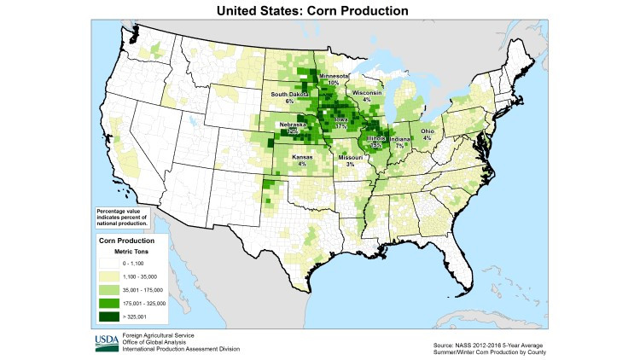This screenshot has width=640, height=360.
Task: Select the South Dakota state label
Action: pos(289,94)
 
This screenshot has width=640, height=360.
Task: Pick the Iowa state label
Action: pos(341,120)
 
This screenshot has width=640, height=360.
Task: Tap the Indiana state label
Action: pos(400,140)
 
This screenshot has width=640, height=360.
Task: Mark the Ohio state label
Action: pos(428,131)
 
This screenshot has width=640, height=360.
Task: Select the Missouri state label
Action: pos(350,158)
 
